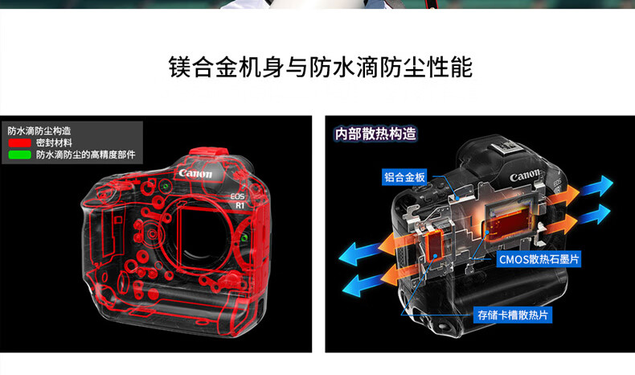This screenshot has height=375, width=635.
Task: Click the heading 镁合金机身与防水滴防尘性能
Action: click(x=321, y=68)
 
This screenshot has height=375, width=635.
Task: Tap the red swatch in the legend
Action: click(x=19, y=142)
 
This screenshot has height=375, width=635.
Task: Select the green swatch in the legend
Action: click(x=19, y=155)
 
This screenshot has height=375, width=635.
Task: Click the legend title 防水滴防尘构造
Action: click(x=39, y=130)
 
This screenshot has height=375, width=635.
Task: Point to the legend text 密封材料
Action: click(x=54, y=142)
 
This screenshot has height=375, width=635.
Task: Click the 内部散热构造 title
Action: click(x=375, y=134)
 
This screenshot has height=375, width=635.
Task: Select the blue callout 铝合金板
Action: click(x=404, y=177)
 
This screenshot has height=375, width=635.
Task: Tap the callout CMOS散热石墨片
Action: click(x=539, y=259)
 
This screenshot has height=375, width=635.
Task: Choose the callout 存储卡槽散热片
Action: click(x=513, y=315)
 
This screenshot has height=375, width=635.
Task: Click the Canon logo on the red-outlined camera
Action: click(x=195, y=174)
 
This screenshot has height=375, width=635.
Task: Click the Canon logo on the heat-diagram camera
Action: click(x=525, y=176)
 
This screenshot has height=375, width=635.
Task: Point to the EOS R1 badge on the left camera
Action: click(x=238, y=201)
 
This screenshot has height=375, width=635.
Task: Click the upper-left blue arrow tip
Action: click(x=340, y=256)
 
